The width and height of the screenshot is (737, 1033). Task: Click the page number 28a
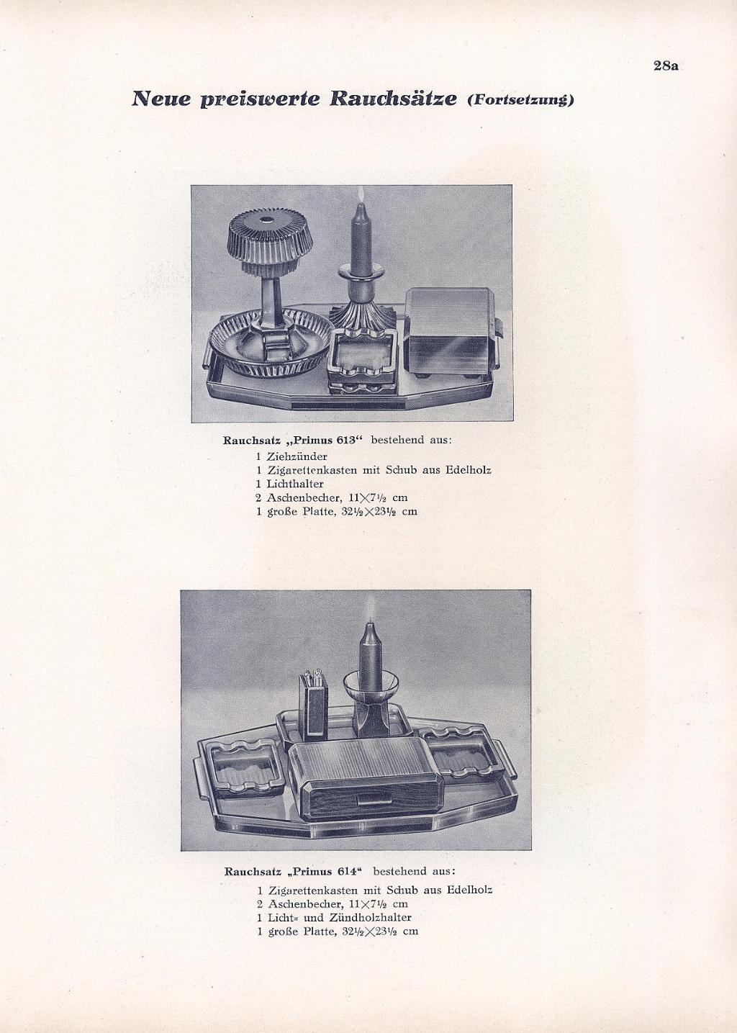(x=666, y=66)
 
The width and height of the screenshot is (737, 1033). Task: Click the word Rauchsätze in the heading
(x=393, y=99)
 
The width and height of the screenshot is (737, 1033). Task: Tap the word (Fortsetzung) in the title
(x=520, y=100)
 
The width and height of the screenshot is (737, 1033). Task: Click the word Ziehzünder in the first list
(x=297, y=456)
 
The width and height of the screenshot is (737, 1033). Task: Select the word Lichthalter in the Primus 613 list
(x=294, y=484)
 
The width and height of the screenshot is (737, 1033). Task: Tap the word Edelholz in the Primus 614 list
(x=469, y=890)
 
